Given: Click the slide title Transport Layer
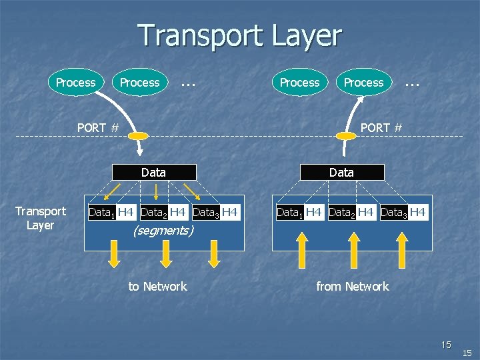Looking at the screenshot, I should point(239,35).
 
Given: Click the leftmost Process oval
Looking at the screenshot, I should point(75,83).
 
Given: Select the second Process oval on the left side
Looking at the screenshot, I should point(139,83).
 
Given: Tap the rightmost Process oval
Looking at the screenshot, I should point(363,83).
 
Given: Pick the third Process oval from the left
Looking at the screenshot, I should point(299,83).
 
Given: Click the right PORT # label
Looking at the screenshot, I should point(381,127).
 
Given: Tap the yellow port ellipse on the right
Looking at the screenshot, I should point(346,136).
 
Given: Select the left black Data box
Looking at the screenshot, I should point(154,173).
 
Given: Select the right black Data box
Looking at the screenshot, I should point(342,173).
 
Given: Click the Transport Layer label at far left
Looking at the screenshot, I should point(41,218).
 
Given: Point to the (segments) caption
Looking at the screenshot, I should point(163,231).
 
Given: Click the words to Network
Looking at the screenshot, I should point(157,287).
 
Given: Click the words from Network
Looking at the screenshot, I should point(352,287).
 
